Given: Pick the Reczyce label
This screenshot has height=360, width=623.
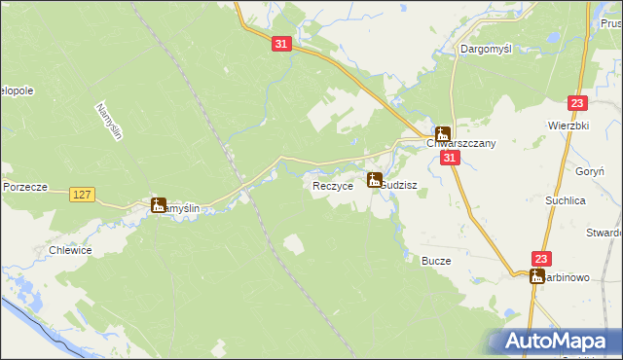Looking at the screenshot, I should (x=332, y=185).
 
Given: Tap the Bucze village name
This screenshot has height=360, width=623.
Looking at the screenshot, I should (x=435, y=261).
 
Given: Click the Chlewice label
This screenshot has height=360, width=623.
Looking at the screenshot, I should (x=70, y=250).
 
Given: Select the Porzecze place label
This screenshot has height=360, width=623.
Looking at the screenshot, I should (x=26, y=186).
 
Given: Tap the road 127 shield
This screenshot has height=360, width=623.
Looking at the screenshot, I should (x=83, y=196).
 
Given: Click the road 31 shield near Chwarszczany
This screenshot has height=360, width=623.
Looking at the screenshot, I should (x=449, y=158).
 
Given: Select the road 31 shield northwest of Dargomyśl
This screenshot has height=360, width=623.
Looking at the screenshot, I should (x=280, y=45).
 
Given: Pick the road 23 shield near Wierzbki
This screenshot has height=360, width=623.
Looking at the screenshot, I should (x=578, y=103).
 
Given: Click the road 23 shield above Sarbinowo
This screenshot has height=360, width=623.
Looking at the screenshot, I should (x=542, y=258).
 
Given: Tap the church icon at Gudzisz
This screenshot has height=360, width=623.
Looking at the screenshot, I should (x=375, y=179).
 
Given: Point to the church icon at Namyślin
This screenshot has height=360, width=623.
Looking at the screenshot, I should (x=159, y=204).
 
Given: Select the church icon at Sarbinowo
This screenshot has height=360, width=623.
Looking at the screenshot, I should (x=537, y=276).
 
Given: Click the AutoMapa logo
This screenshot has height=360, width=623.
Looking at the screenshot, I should (x=556, y=341).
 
